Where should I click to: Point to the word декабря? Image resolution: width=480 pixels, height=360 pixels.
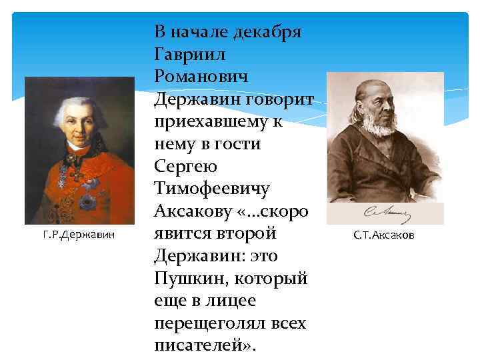point(265,31)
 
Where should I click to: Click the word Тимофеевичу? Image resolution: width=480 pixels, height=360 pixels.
point(211,189)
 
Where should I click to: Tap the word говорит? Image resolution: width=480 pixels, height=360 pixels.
point(283,99)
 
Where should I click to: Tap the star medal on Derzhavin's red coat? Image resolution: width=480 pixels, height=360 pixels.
point(87,200)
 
